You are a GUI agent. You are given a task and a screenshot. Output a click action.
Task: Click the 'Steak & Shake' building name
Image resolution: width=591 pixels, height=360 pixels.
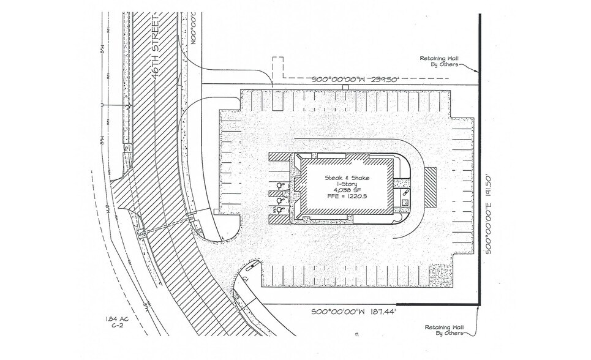click(x=347, y=178)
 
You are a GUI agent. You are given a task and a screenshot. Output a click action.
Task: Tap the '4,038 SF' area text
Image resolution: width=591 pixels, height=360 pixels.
click(x=347, y=190)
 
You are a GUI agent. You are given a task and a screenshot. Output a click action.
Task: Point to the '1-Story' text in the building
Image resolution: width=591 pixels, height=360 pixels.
click(x=347, y=184)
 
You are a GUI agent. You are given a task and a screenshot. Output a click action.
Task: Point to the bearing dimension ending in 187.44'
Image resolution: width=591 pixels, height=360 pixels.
click(x=347, y=312)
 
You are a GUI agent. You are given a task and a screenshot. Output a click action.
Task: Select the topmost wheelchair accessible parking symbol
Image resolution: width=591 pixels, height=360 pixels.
click(x=280, y=185)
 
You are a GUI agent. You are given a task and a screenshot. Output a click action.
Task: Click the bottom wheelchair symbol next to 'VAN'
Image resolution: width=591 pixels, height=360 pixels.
click(x=280, y=209)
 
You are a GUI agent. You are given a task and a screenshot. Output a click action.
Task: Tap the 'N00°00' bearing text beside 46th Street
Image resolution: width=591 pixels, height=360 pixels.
click(x=196, y=28)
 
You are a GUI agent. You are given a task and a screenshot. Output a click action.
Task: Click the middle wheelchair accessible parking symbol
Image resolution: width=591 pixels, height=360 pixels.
click(x=280, y=200)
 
